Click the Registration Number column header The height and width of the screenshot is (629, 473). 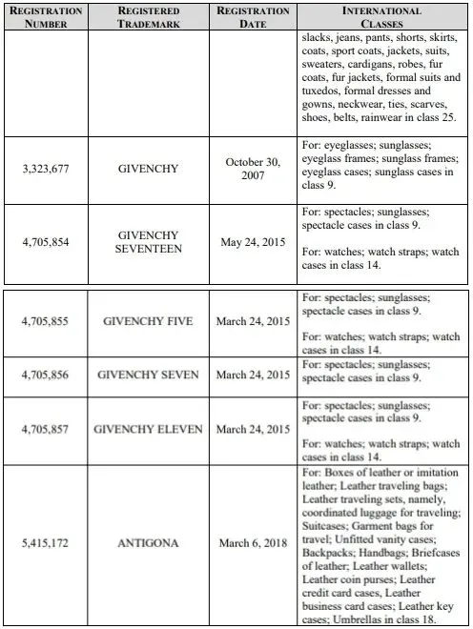click(x=45, y=17)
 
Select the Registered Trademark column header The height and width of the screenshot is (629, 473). click(x=149, y=17)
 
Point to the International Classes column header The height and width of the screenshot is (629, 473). click(x=381, y=17)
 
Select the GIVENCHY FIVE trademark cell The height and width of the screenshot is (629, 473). click(x=149, y=321)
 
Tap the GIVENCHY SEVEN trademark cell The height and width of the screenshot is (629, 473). click(x=149, y=375)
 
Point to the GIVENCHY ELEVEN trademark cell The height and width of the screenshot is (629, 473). click(x=149, y=429)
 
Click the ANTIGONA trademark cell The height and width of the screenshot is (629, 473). click(x=149, y=543)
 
